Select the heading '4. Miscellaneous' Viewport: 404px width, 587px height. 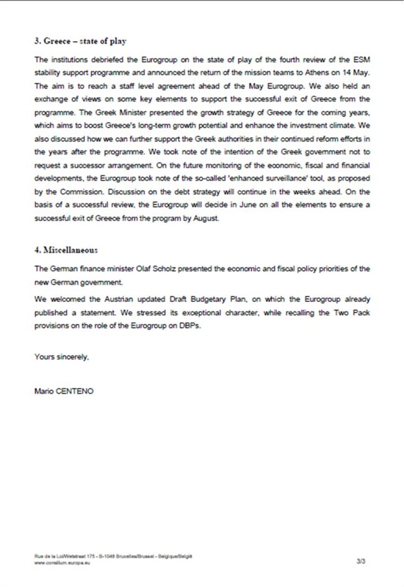point(65,249)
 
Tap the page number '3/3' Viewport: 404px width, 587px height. point(361,561)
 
